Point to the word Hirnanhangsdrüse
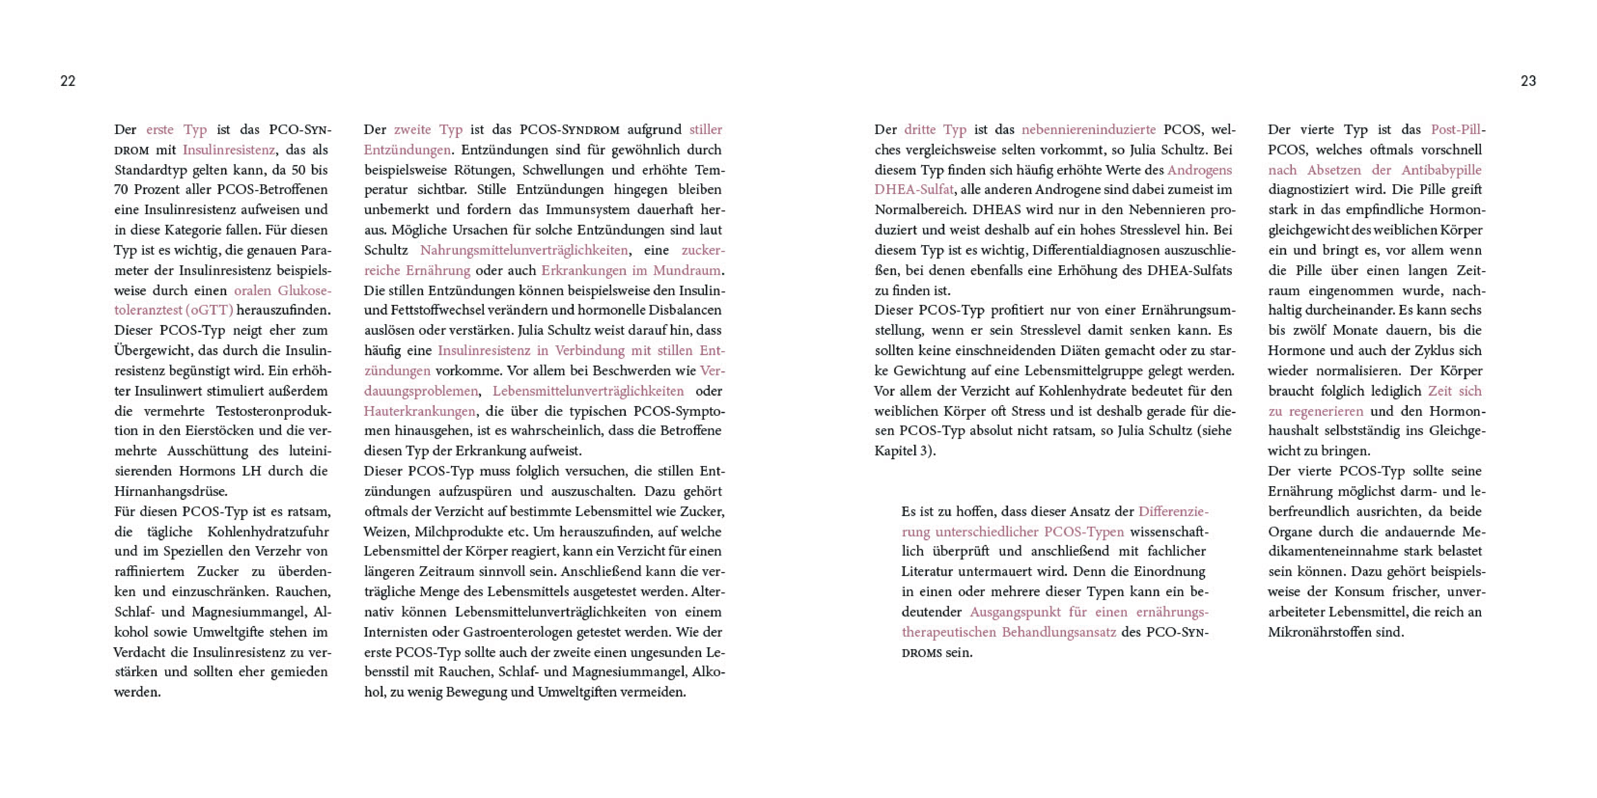[171, 491]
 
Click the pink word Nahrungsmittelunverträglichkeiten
[524, 250]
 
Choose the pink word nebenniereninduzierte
[1089, 129]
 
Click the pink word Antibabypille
[1441, 170]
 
